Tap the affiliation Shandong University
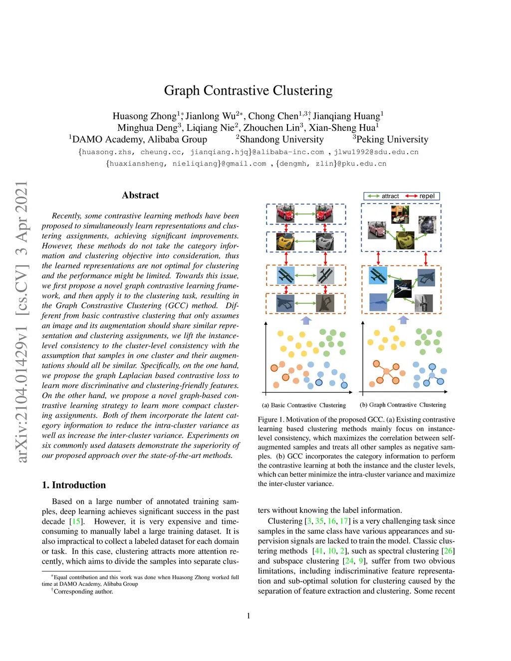pos(281,140)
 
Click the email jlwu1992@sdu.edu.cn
pos(376,152)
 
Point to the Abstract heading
pos(140,196)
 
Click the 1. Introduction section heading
pos(74,485)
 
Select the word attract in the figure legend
pos(390,196)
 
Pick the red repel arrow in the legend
pos(411,196)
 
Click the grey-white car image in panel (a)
pos(325,242)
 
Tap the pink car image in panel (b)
pos(377,230)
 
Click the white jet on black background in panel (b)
pos(403,288)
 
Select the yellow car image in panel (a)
pos(285,242)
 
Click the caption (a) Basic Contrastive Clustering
pos(304,405)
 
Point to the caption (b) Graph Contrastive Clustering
pos(403,405)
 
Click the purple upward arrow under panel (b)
pos(404,319)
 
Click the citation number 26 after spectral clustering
pos(448,551)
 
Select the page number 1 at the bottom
pos(249,616)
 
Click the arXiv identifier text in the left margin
pos(22,322)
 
